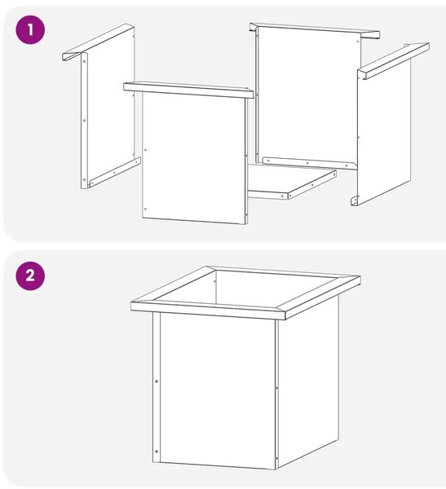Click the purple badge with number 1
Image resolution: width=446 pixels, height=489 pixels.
(x=30, y=30)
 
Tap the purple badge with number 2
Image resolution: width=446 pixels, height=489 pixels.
(x=30, y=276)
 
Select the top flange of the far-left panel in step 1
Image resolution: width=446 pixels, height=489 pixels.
(x=99, y=42)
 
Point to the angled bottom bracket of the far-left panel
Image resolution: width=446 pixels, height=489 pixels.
(x=115, y=172)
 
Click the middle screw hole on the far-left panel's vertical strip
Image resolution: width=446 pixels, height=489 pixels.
(x=84, y=120)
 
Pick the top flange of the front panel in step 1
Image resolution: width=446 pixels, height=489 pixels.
(x=188, y=90)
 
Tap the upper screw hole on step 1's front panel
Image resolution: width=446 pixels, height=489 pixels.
(x=145, y=150)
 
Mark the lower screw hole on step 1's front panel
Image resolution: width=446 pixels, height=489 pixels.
(x=145, y=209)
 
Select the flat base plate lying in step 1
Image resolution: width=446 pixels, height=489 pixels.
(x=292, y=182)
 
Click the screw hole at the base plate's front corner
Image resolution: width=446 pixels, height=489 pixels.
(x=283, y=196)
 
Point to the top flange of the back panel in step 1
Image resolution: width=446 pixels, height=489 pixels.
(x=314, y=31)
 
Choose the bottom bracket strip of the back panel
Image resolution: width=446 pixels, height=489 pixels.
(x=310, y=163)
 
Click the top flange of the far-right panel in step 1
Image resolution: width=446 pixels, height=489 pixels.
(x=393, y=61)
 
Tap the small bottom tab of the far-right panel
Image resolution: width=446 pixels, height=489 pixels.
(x=354, y=201)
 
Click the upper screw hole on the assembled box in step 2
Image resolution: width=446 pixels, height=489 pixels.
(x=157, y=381)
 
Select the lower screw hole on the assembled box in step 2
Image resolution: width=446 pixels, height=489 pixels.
(x=157, y=452)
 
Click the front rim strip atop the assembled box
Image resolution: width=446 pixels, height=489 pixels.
(x=208, y=311)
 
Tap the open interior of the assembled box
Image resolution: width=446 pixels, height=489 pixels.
(x=246, y=288)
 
